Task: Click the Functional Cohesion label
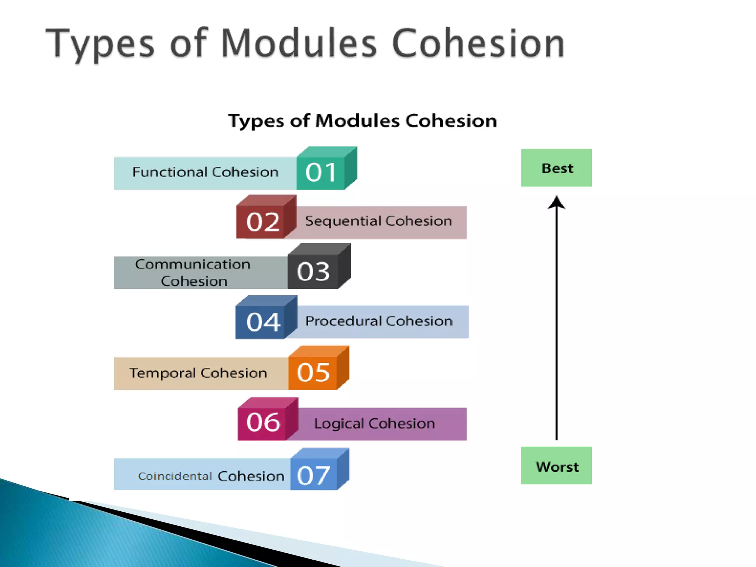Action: [205, 172]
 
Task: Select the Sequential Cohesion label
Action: [378, 221]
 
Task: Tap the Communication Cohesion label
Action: [193, 272]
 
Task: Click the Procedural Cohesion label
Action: [379, 321]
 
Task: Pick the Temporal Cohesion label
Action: [198, 373]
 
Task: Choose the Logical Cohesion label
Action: [374, 423]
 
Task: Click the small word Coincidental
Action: [175, 476]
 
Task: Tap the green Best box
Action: [556, 168]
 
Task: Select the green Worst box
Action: [556, 466]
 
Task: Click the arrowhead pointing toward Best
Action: [556, 203]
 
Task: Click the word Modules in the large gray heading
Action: [299, 43]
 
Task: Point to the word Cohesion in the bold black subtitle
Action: [451, 121]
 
